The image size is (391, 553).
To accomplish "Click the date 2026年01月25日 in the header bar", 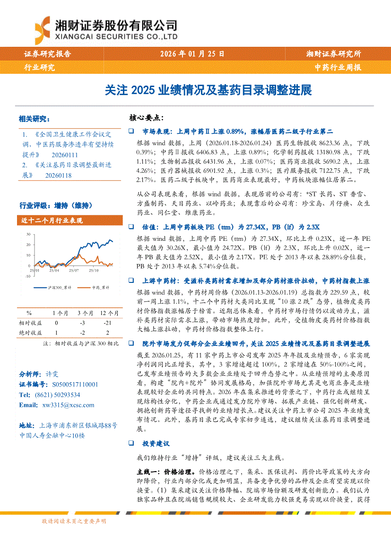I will [x=192, y=53].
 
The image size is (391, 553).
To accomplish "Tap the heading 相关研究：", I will [x=34, y=118].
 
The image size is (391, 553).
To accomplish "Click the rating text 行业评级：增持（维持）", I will [x=56, y=205].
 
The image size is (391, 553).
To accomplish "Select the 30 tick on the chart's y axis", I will [x=28, y=234].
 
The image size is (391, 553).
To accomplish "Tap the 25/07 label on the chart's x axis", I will [x=74, y=271].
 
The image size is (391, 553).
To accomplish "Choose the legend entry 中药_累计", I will [x=100, y=287].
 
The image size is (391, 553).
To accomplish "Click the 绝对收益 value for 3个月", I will [x=82, y=333].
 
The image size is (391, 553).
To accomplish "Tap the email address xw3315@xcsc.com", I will [x=68, y=405].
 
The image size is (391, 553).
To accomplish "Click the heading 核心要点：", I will [x=147, y=117].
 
